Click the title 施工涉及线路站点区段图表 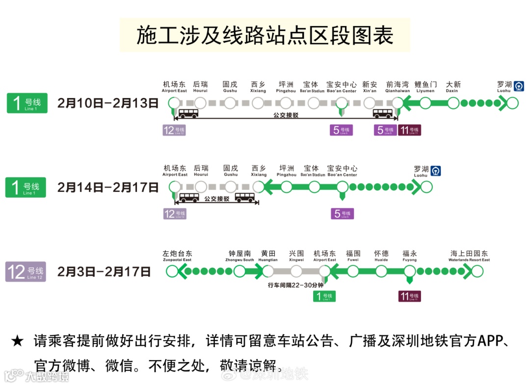click(x=265, y=35)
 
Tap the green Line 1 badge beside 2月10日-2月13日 click(x=27, y=103)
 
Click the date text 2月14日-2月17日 click(x=108, y=187)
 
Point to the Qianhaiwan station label click(x=397, y=87)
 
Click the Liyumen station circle click(x=425, y=103)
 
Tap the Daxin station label click(x=453, y=87)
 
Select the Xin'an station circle click(x=370, y=103)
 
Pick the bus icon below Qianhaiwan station click(x=383, y=114)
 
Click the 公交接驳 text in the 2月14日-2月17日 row click(x=217, y=199)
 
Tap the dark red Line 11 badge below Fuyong click(x=409, y=296)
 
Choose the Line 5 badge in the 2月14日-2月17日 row click(x=342, y=214)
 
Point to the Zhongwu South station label click(x=239, y=256)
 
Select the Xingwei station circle click(x=296, y=271)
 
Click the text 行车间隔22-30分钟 click(x=295, y=285)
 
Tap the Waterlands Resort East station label click(x=469, y=256)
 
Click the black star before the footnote click(x=17, y=341)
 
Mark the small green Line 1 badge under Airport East click(x=324, y=296)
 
